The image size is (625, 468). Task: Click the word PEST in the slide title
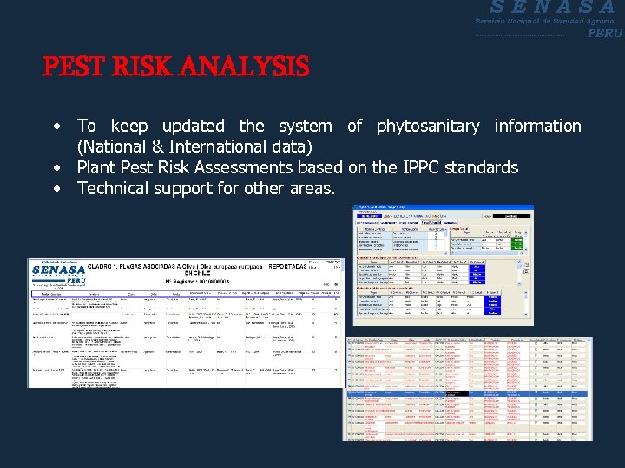[x=74, y=66]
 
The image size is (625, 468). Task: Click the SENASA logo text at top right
[x=547, y=7]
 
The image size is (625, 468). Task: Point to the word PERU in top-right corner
[x=604, y=33]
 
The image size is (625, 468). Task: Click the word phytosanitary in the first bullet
[x=427, y=126]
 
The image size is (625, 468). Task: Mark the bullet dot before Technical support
[x=56, y=188]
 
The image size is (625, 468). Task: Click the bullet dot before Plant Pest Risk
[x=56, y=167]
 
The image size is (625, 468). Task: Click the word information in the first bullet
[x=537, y=126]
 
